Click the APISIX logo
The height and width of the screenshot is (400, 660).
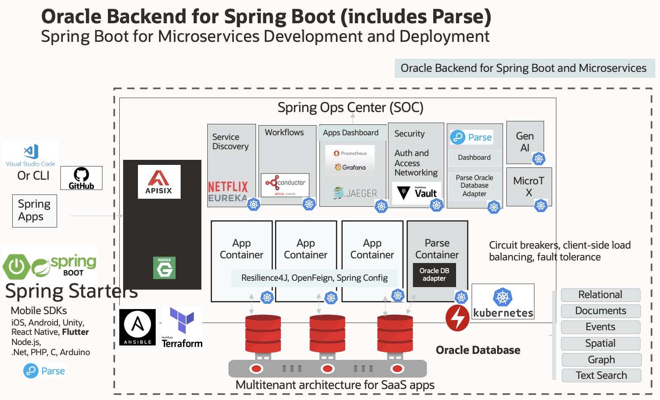pyautogui.click(x=159, y=182)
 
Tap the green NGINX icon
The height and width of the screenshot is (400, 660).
pyautogui.click(x=164, y=268)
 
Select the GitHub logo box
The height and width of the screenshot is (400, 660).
pyautogui.click(x=81, y=178)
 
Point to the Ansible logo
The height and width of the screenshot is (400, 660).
pyautogui.click(x=137, y=327)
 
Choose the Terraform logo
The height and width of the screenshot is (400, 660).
pyautogui.click(x=182, y=328)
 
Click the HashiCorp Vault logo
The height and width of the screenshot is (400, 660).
pyautogui.click(x=417, y=193)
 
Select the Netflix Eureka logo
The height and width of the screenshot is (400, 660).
pyautogui.click(x=228, y=192)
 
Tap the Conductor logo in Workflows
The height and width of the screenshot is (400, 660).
pyautogui.click(x=285, y=185)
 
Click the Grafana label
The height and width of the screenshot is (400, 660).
pyautogui.click(x=350, y=167)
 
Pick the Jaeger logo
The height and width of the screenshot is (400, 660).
pyautogui.click(x=355, y=193)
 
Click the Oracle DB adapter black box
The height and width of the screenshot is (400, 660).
pyautogui.click(x=434, y=275)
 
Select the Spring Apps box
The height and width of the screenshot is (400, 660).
pyautogui.click(x=34, y=211)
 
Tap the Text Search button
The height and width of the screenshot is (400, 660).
pyautogui.click(x=601, y=375)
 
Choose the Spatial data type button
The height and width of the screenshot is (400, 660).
pyautogui.click(x=600, y=343)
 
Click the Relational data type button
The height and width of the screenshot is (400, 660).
pyautogui.click(x=600, y=295)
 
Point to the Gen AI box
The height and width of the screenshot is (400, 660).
pyautogui.click(x=525, y=142)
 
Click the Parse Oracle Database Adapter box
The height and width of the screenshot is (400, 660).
pyautogui.click(x=474, y=186)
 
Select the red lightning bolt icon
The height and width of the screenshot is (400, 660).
pyautogui.click(x=457, y=318)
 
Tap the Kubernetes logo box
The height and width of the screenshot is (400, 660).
pyautogui.click(x=503, y=301)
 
